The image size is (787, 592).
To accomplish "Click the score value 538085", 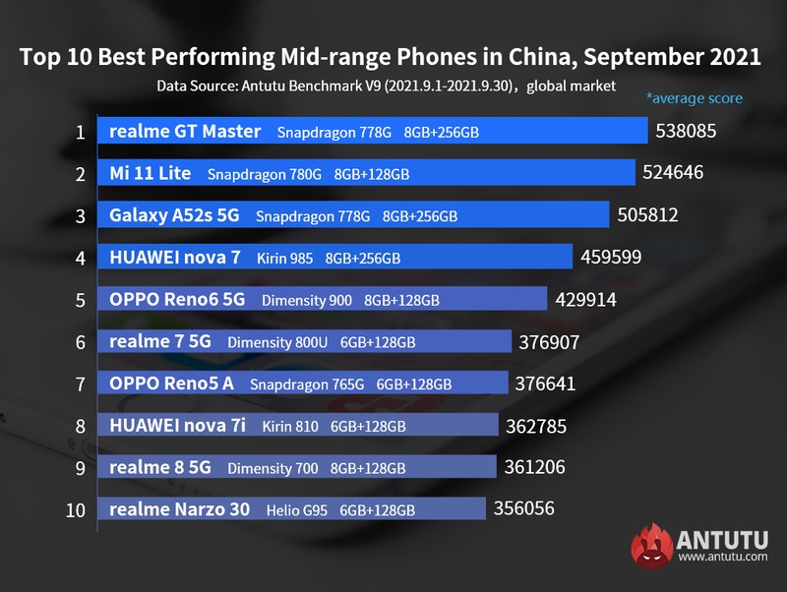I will (686, 131).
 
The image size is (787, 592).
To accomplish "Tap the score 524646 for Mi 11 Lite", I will (674, 173).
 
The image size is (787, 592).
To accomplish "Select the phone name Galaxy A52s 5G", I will (173, 215).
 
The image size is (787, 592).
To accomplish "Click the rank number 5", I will (80, 299).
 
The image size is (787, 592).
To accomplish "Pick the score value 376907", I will (549, 341).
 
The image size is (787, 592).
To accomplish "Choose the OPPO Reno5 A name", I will (171, 384).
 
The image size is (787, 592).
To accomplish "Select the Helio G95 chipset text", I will (297, 509).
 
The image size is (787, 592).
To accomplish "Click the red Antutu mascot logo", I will (650, 544).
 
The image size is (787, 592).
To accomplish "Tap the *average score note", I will (694, 98).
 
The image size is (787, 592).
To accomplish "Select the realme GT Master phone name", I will (185, 131).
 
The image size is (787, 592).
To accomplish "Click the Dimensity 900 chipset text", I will (307, 300).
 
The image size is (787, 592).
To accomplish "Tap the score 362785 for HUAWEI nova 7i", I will (535, 426).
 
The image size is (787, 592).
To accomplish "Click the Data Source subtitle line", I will (386, 86).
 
